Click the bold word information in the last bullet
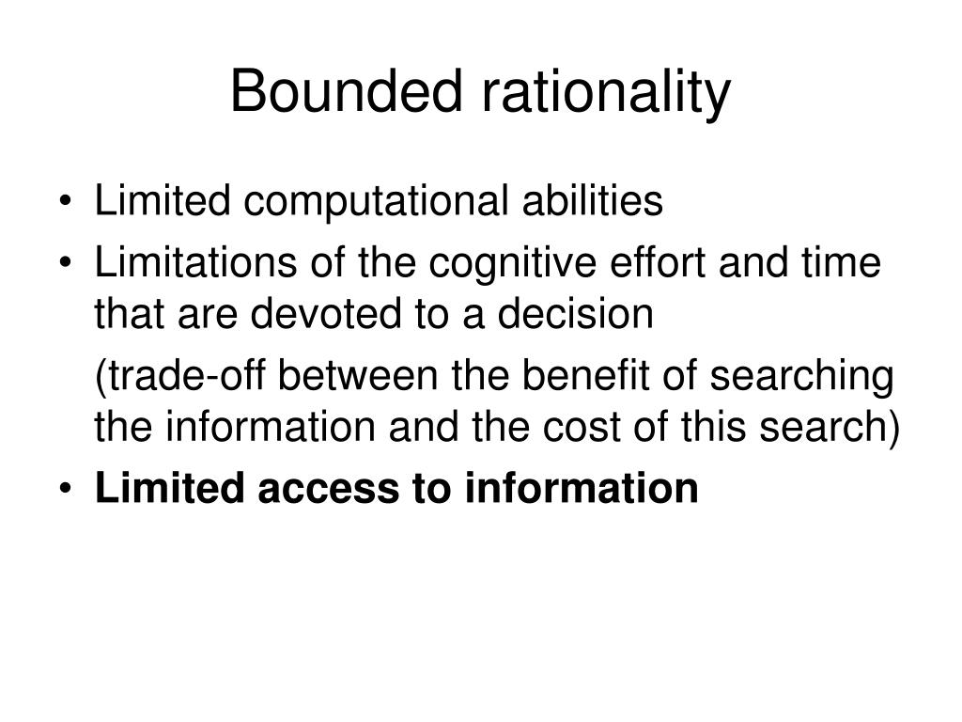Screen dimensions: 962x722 582,489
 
